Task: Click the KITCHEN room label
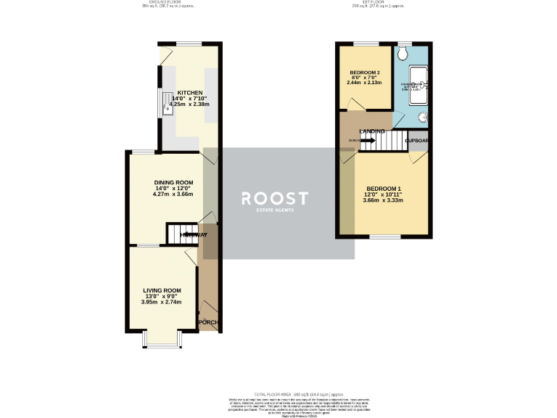click(189, 94)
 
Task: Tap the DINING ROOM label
click(173, 182)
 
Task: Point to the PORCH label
click(208, 322)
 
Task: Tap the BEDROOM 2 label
click(366, 73)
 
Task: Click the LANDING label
click(372, 131)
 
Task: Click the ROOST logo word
click(274, 198)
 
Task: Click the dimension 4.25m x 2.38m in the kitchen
click(189, 104)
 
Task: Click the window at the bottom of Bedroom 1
click(380, 237)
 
